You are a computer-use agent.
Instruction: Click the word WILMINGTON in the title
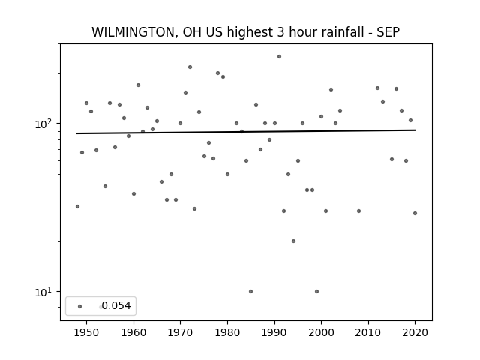coord(133,32)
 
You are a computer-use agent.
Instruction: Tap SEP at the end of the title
coord(388,32)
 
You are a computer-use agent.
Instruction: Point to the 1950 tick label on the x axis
coord(87,332)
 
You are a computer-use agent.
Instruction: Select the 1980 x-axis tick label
coord(227,332)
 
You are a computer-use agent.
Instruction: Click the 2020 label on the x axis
coord(415,332)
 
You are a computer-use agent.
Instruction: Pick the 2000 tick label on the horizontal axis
coord(321,332)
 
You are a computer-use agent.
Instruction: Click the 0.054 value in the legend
coord(116,305)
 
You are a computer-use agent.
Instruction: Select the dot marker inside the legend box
coord(80,306)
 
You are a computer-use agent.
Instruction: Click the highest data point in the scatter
coord(279,57)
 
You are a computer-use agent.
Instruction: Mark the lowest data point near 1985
coord(251,292)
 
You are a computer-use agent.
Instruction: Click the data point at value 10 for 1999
coord(316,292)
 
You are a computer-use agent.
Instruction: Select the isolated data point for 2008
coord(358,211)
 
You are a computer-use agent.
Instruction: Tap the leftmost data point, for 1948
coord(77,207)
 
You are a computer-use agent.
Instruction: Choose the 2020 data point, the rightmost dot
coord(415,213)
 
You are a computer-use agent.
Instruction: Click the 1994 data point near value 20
coord(293,241)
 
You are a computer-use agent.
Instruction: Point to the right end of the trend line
coord(415,130)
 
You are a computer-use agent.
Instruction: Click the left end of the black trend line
coord(76,133)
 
